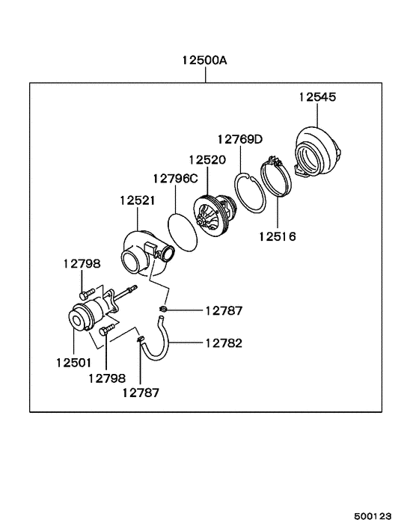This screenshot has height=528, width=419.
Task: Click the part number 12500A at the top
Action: [204, 61]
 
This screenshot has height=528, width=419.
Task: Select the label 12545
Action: [318, 97]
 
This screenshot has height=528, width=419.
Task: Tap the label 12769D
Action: [240, 139]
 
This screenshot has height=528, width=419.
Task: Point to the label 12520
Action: [207, 159]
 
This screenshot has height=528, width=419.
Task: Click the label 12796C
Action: [176, 179]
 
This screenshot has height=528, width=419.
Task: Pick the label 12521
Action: [138, 200]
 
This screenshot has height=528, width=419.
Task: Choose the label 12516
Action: [278, 236]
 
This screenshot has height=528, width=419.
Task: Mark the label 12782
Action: [224, 343]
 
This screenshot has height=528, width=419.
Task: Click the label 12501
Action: [73, 363]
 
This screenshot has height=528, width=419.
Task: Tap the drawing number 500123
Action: [373, 516]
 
